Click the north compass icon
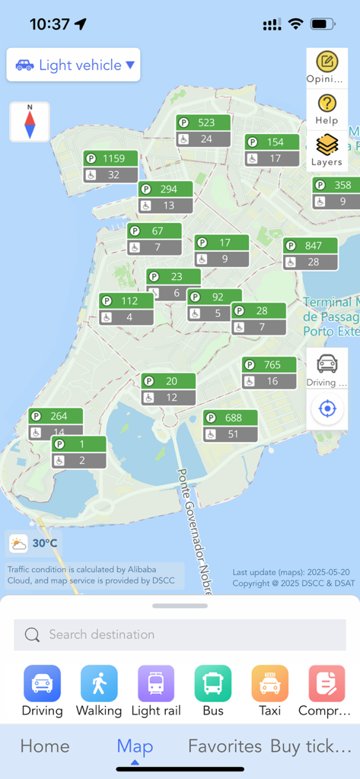point(30,122)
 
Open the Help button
point(327,109)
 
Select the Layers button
point(327,150)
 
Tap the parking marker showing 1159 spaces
point(110,167)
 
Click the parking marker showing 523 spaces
point(203,131)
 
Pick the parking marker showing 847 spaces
point(311,253)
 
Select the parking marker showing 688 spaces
point(231,426)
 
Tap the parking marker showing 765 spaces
point(269,373)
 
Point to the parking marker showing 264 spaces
point(56,424)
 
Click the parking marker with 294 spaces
point(165,197)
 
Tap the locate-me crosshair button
point(327,409)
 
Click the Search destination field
point(180,634)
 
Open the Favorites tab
point(225,746)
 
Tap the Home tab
point(45,746)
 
